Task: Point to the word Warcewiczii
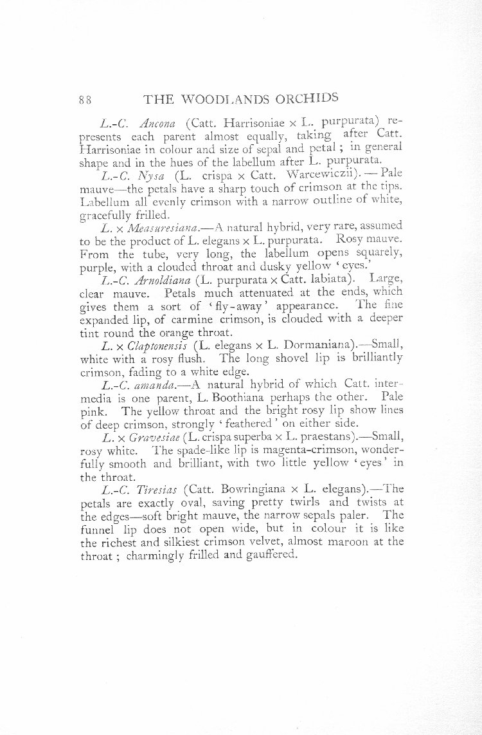click(317, 174)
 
